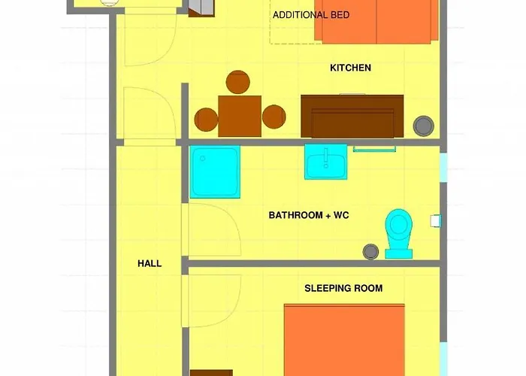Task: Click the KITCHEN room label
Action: tap(350, 68)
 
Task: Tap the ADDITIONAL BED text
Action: tap(310, 15)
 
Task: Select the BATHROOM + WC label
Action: tap(309, 215)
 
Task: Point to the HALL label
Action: tap(150, 263)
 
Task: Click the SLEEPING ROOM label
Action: tap(343, 288)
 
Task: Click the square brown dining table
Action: tap(240, 116)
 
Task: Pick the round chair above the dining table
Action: tap(238, 82)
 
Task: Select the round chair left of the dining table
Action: tap(206, 118)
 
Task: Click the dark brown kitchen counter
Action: tap(352, 116)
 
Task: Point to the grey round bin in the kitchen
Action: tap(425, 125)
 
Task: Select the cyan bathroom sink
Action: tap(325, 162)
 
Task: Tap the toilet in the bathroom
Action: tap(398, 232)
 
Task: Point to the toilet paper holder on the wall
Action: tap(435, 221)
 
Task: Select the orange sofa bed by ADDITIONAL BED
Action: tap(376, 21)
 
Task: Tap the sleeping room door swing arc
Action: tap(215, 301)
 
